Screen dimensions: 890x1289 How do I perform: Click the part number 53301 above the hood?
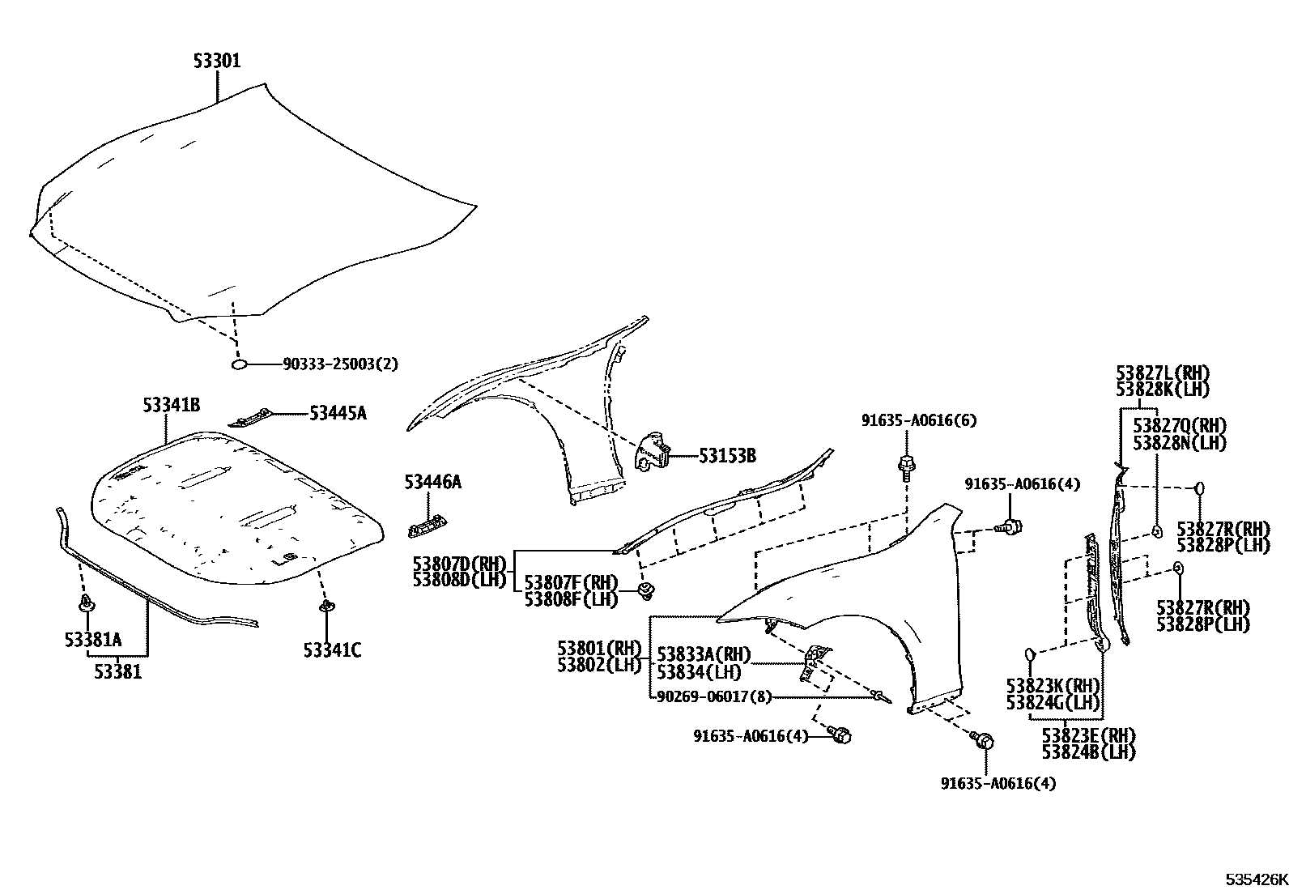(x=216, y=62)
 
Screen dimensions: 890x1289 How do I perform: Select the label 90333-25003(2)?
(x=340, y=364)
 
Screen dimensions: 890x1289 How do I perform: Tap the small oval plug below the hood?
(x=240, y=366)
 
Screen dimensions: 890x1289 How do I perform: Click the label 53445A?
(x=338, y=414)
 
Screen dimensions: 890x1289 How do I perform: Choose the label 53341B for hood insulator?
(x=172, y=405)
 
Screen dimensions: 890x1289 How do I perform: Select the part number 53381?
(x=117, y=671)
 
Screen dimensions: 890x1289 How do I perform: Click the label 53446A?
(x=432, y=483)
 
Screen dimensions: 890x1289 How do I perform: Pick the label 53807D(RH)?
(x=458, y=563)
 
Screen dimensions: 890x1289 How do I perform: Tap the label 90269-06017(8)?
(x=713, y=696)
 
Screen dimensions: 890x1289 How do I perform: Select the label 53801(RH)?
(x=598, y=649)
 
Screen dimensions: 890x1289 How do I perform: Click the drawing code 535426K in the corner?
(x=1255, y=879)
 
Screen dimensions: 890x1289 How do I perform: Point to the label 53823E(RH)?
(x=1088, y=735)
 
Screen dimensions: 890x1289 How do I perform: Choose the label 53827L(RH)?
(x=1162, y=373)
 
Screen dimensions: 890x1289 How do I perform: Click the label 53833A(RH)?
(x=704, y=654)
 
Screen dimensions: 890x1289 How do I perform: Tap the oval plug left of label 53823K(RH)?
(x=1030, y=654)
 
